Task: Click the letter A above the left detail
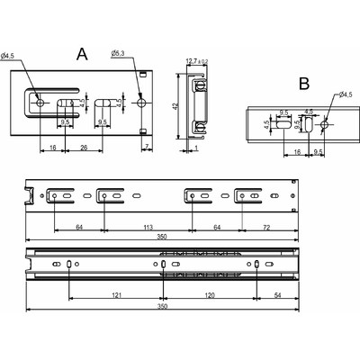click(82, 55)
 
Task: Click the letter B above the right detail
click(303, 84)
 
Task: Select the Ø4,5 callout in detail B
click(346, 94)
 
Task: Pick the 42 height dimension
click(176, 105)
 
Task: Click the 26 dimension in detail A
click(83, 146)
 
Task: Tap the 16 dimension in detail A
click(52, 146)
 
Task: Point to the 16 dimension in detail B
click(296, 154)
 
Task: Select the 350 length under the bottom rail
click(161, 307)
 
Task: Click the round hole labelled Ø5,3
click(142, 104)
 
